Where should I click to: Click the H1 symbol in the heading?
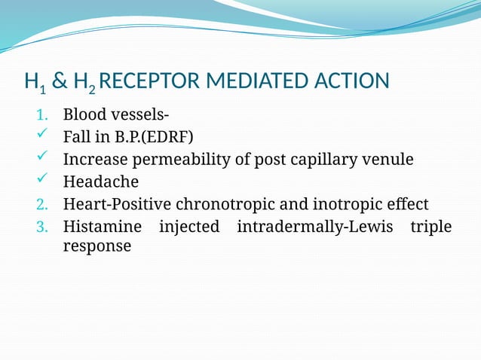34,82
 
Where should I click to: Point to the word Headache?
101,182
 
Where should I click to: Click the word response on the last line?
97,247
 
